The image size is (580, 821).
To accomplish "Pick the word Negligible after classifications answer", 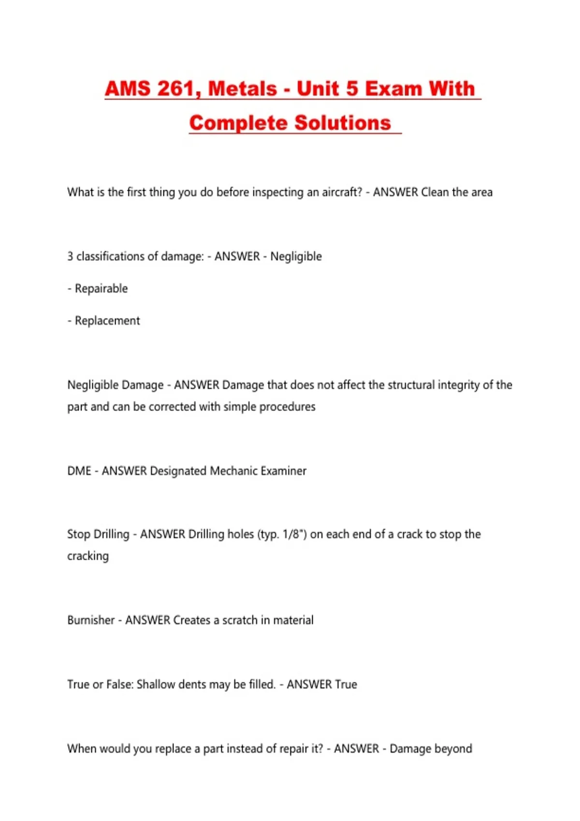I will point(296,256).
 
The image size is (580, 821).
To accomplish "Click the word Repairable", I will point(101,289).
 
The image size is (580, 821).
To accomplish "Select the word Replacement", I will point(107,321).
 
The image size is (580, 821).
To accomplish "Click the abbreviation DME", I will point(79,471).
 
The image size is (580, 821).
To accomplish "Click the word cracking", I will point(88,556).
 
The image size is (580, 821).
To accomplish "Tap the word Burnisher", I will point(91,620).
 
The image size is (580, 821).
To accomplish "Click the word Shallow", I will point(156,684).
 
